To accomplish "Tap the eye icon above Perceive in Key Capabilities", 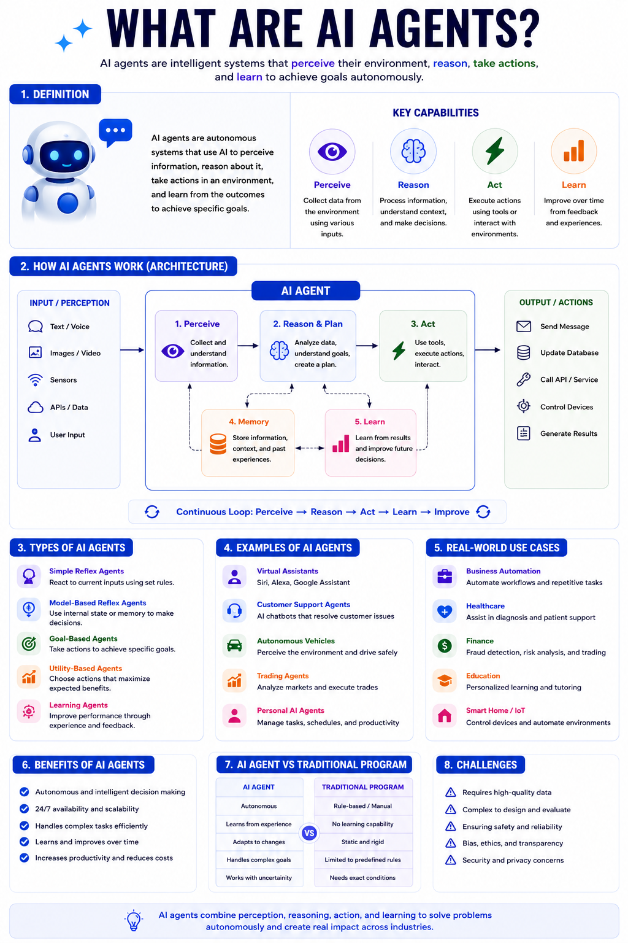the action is point(332,152).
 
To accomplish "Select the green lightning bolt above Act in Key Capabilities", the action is point(495,150).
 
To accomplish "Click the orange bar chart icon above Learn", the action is point(574,150).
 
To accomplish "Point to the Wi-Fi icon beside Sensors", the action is point(36,380).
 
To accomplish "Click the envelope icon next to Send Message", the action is point(523,326).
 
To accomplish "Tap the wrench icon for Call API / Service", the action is point(523,379).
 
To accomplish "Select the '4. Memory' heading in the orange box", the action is point(248,421).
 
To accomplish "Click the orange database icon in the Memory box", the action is point(218,444).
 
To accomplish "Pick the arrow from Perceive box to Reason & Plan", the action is point(248,346).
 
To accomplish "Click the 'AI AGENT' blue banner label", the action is point(306,290).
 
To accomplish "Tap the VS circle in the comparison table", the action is point(309,832).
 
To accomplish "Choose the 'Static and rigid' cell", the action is point(362,842).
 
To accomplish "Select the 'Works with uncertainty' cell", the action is point(259,877).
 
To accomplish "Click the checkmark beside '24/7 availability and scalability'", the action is point(25,809).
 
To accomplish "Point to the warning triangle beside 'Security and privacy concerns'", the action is point(451,860).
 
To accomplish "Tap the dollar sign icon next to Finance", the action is point(445,645).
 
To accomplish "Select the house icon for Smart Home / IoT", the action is point(445,715).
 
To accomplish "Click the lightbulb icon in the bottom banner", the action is point(134,920).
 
